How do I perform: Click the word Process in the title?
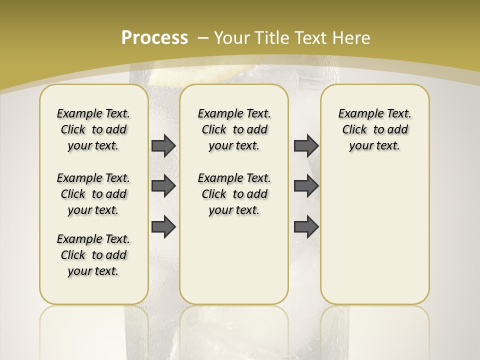(154, 38)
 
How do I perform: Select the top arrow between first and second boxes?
(163, 145)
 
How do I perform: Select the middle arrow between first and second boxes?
(163, 186)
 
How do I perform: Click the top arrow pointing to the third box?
(306, 145)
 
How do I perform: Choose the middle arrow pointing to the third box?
(306, 186)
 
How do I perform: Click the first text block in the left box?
(93, 129)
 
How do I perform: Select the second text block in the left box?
(93, 194)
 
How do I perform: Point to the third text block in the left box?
(93, 255)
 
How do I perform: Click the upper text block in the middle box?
(234, 129)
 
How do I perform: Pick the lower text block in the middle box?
(234, 194)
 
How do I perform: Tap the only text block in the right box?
(375, 129)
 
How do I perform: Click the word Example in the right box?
(356, 114)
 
